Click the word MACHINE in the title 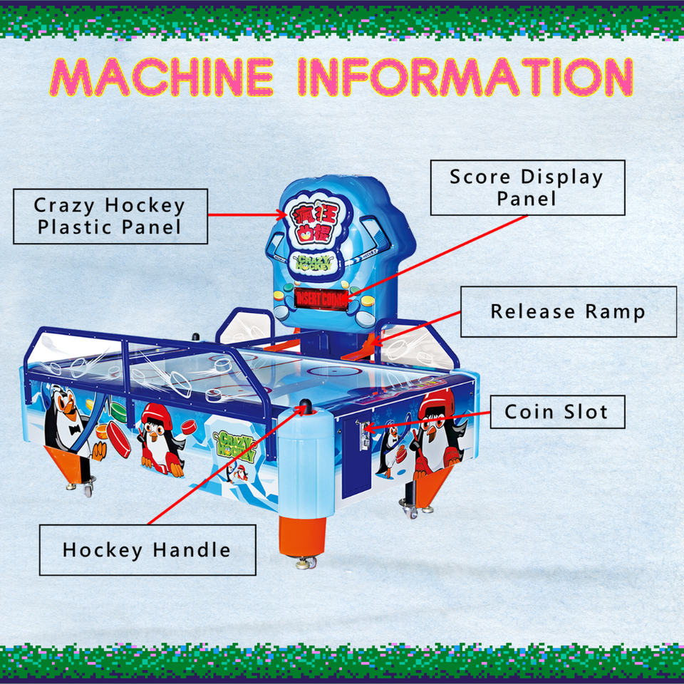[x=162, y=77]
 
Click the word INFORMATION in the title [x=465, y=77]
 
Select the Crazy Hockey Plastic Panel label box [x=110, y=216]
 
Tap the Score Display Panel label [x=527, y=187]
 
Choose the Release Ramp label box [x=568, y=311]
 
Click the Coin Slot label [x=556, y=411]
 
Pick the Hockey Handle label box [x=147, y=549]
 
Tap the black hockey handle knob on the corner [x=305, y=406]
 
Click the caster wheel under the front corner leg [x=306, y=563]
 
